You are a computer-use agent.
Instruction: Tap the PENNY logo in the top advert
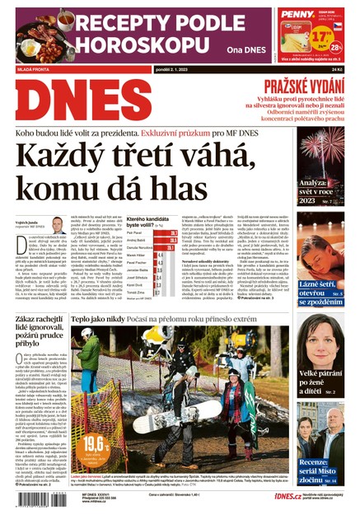(x=297, y=13)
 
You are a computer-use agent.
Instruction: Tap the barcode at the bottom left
(x=40, y=502)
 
